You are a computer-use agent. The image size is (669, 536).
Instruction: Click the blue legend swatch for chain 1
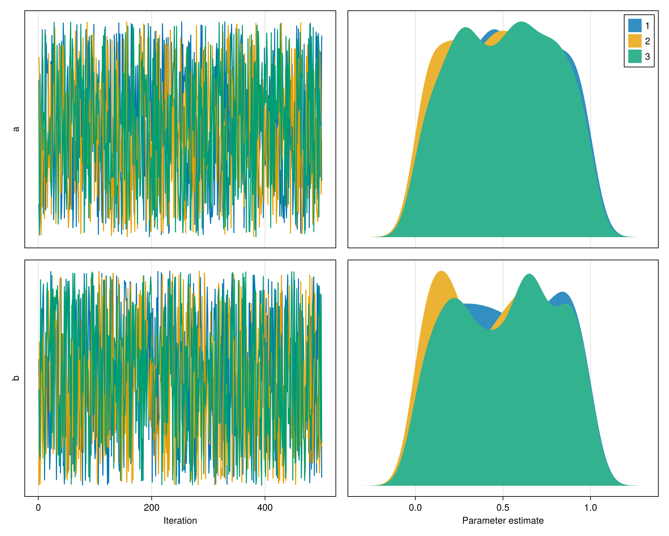point(635,25)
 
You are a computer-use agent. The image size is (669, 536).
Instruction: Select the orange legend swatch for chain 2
point(635,41)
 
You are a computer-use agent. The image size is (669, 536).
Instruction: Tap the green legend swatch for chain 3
point(635,56)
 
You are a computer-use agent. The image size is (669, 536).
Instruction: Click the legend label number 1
point(647,26)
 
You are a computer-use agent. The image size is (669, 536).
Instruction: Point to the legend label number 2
point(647,41)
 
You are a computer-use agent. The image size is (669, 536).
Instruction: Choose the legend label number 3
point(647,57)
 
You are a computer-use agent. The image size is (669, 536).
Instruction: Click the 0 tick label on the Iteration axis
point(38,508)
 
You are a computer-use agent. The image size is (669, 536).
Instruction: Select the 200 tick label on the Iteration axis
point(152,508)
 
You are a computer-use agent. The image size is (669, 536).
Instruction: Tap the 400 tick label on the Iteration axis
point(265,508)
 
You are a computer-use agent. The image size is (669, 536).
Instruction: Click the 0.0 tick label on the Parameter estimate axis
point(415,508)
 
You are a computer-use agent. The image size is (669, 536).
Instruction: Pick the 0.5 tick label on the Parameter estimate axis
point(503,508)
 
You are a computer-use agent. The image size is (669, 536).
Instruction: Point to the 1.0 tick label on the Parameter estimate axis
point(590,508)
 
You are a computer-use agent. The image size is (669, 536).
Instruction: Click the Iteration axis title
point(180,521)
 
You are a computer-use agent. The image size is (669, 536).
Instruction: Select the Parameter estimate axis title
point(503,521)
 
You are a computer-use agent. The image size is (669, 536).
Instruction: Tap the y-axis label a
point(16,129)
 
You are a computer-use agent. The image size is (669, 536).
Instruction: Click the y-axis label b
point(16,378)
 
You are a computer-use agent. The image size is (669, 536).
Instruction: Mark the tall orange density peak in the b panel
point(441,272)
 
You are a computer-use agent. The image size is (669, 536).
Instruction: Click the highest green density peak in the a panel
point(521,23)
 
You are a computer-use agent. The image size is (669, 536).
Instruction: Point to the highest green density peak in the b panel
point(529,275)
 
